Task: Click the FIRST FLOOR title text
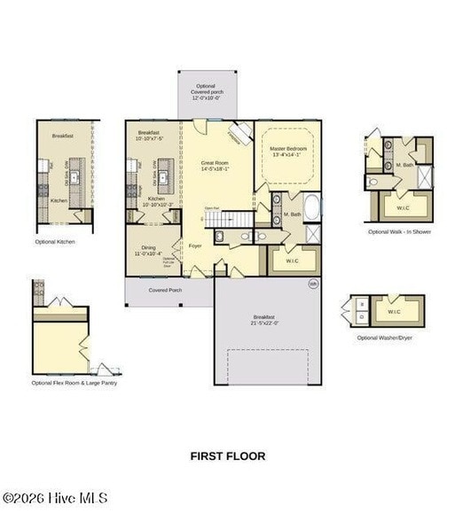227,456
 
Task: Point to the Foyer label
195,245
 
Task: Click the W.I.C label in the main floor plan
288,259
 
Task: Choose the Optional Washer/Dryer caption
384,338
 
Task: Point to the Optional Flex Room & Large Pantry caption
75,383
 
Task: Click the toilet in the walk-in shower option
373,182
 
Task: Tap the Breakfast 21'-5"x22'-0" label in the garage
264,319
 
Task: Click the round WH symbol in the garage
312,284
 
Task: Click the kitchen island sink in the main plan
163,176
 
